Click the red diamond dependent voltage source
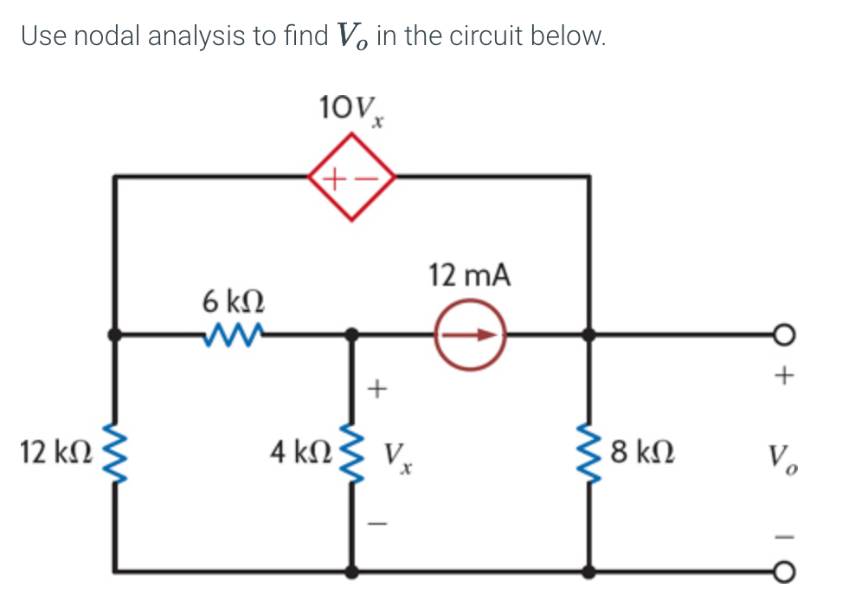point(351,177)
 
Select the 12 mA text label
point(470,276)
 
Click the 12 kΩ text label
point(53,451)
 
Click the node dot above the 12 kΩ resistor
point(114,333)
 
